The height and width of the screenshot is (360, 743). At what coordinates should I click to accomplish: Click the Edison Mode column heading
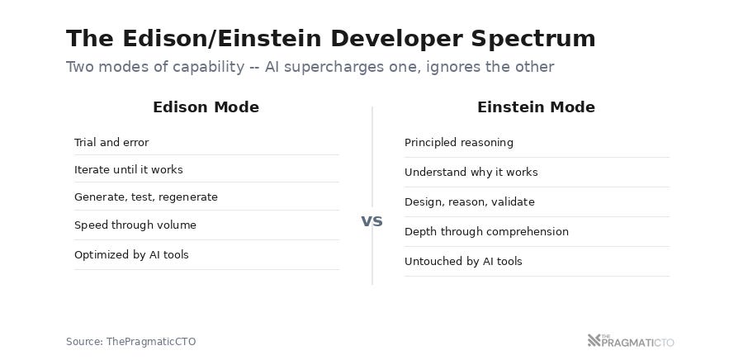coord(206,107)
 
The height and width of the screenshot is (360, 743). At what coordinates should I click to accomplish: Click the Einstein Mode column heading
coord(536,107)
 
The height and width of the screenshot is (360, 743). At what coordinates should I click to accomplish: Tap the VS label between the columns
coord(371,221)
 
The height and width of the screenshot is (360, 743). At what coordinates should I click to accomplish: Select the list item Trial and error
coord(111,142)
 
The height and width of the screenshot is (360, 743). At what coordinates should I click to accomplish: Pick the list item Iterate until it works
coord(128,169)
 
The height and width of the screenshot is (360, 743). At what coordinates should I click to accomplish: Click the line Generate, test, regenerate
coord(146,197)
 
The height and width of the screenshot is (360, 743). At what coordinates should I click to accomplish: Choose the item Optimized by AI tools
coord(131,254)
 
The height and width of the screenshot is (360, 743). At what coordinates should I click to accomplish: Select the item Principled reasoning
coord(459,142)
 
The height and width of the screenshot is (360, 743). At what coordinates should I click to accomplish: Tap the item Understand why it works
coord(471,172)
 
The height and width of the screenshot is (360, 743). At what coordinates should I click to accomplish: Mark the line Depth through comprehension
coord(486,231)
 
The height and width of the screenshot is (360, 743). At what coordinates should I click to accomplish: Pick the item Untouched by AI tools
coord(463,261)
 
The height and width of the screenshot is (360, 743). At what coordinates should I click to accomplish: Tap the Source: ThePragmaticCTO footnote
coord(130,341)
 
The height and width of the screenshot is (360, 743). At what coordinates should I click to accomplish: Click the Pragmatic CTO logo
coord(631,340)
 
